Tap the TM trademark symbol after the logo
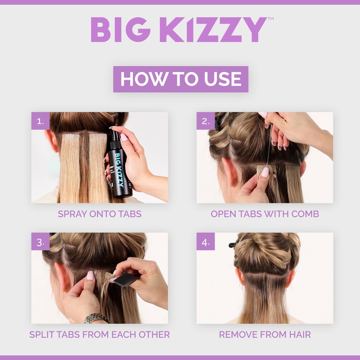point(270,19)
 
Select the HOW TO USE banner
point(180,79)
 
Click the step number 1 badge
point(40,121)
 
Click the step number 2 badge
point(206,121)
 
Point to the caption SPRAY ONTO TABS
point(99,214)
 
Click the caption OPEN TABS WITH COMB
point(265,214)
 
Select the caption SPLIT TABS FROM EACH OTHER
point(99,334)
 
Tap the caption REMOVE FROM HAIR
point(265,334)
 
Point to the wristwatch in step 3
point(95,318)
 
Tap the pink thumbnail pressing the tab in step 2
point(265,172)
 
